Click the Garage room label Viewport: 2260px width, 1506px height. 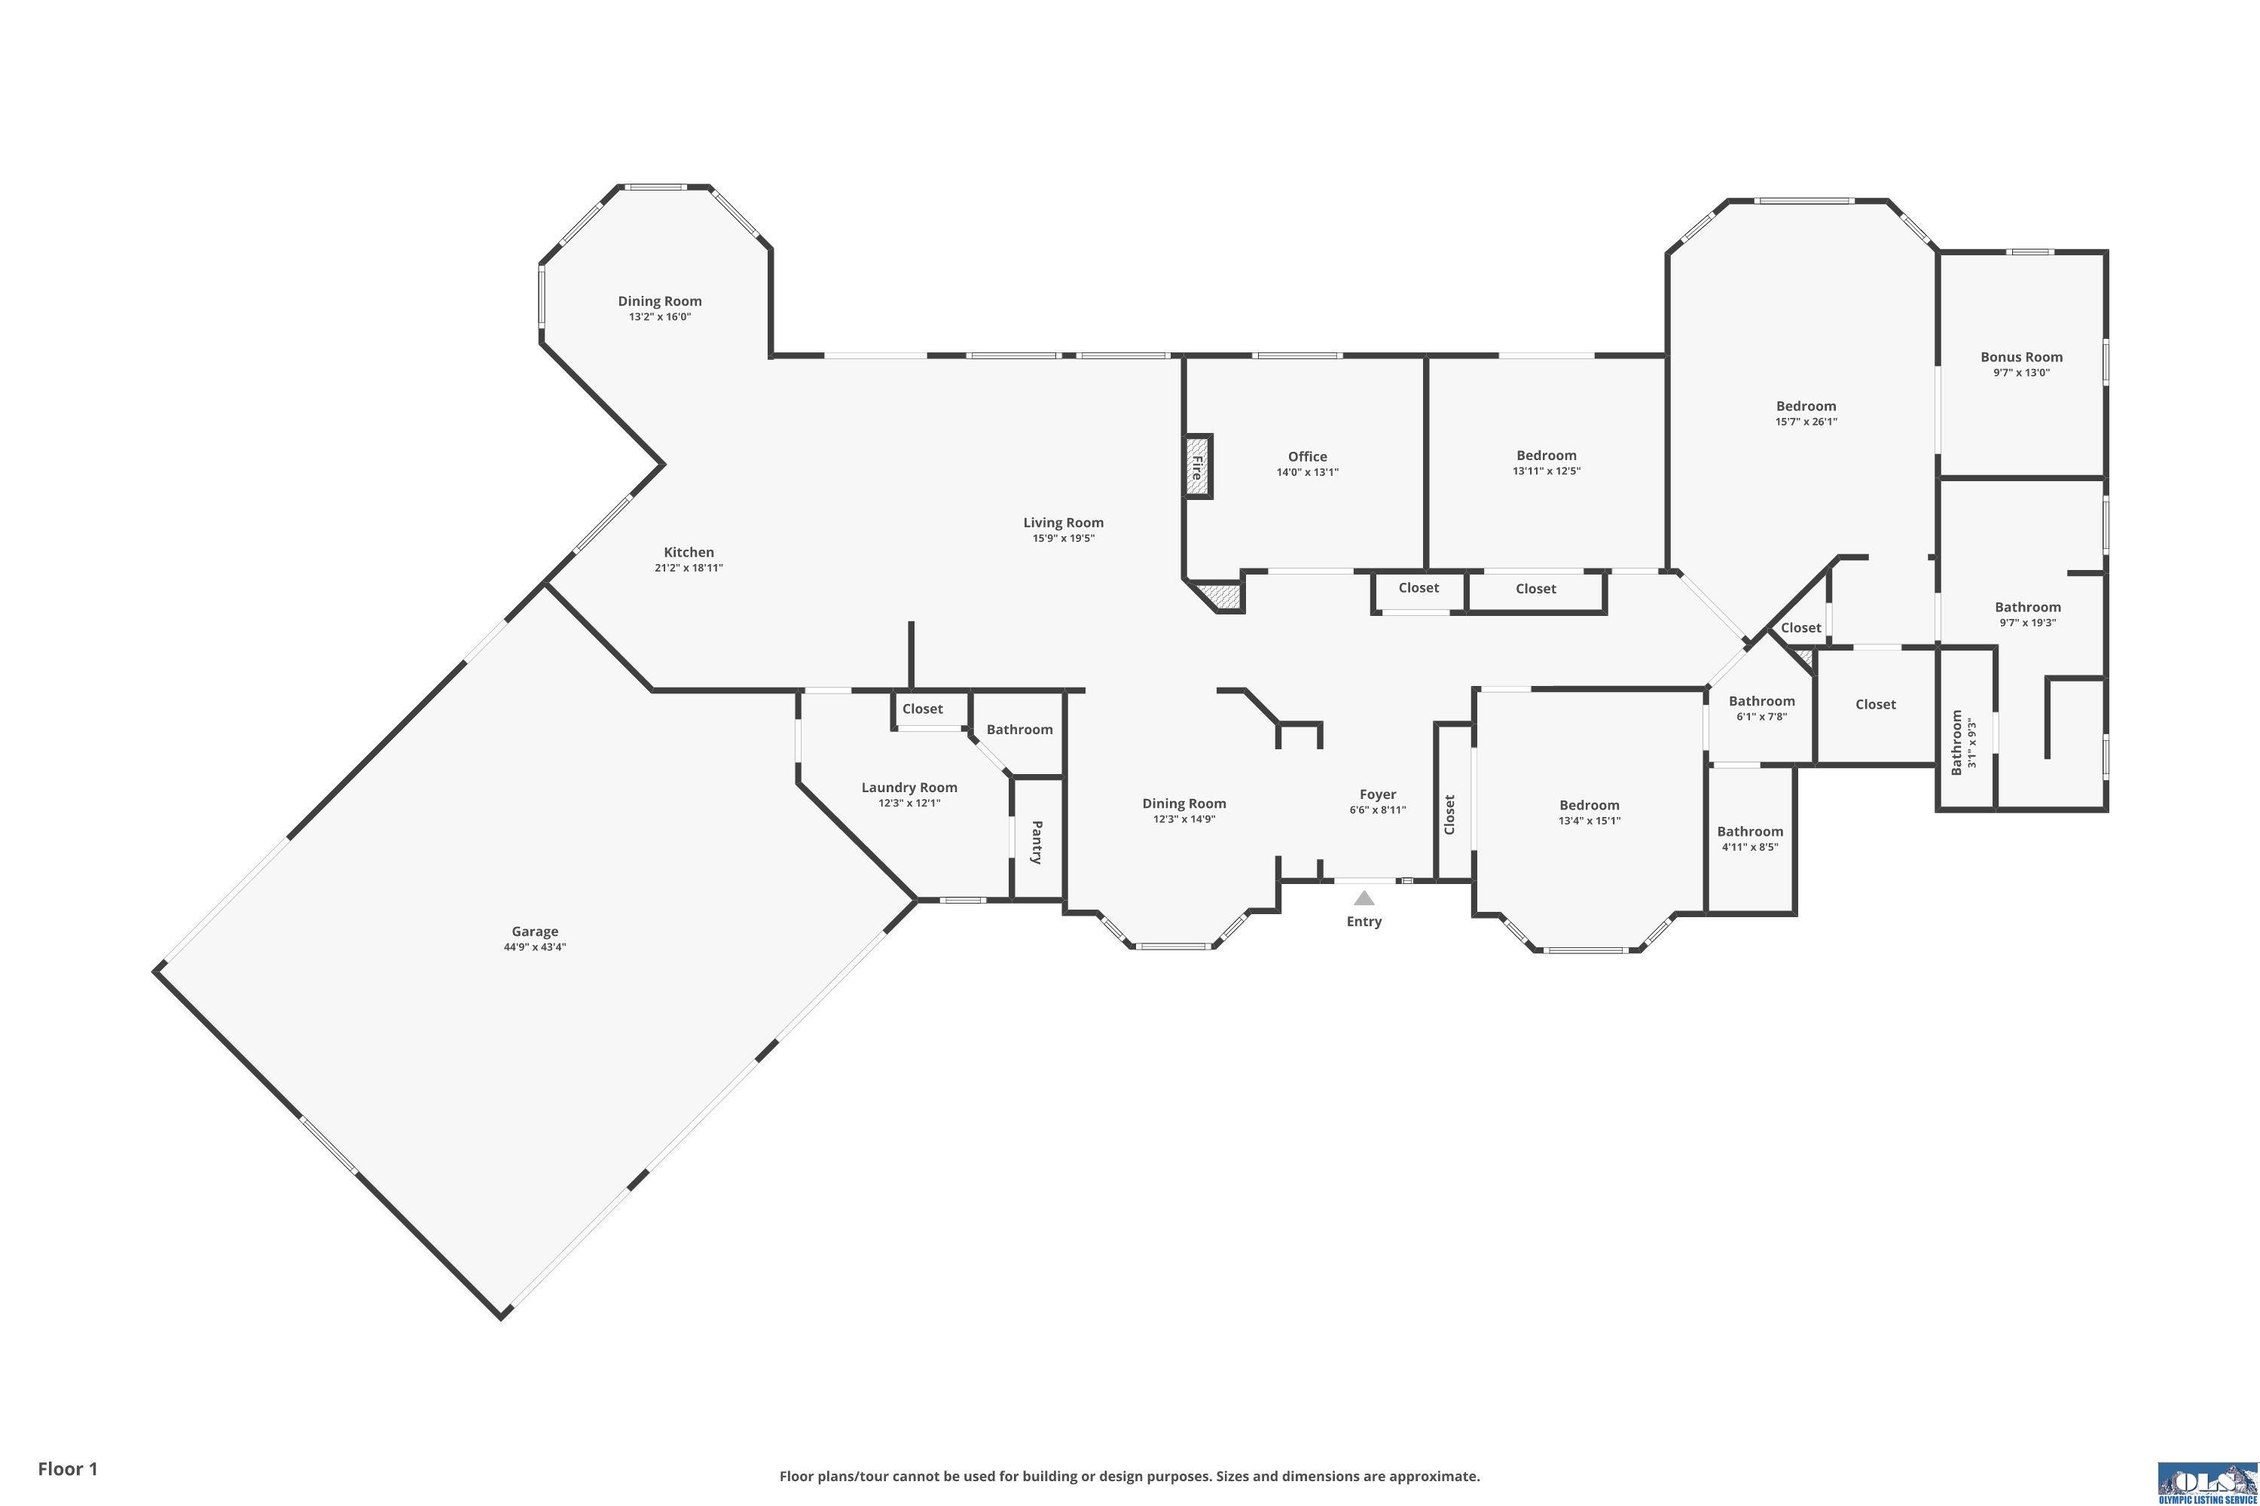click(534, 931)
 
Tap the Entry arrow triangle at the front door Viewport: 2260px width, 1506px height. click(1364, 898)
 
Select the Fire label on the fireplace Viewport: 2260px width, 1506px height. click(1196, 468)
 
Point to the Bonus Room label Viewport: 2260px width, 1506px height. click(2022, 356)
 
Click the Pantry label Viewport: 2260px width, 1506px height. click(1037, 843)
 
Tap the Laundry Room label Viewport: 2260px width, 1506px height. click(909, 788)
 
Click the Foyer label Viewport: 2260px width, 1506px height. click(1377, 794)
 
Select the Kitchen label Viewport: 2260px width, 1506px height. click(689, 552)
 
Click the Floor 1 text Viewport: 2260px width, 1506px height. click(69, 1468)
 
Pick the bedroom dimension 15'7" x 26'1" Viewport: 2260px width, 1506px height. click(1806, 422)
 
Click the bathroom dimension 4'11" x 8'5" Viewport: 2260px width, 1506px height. click(1750, 847)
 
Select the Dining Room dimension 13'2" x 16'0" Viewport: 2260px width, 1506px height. click(659, 317)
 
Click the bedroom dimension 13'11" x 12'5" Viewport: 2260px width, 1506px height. click(1546, 471)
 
